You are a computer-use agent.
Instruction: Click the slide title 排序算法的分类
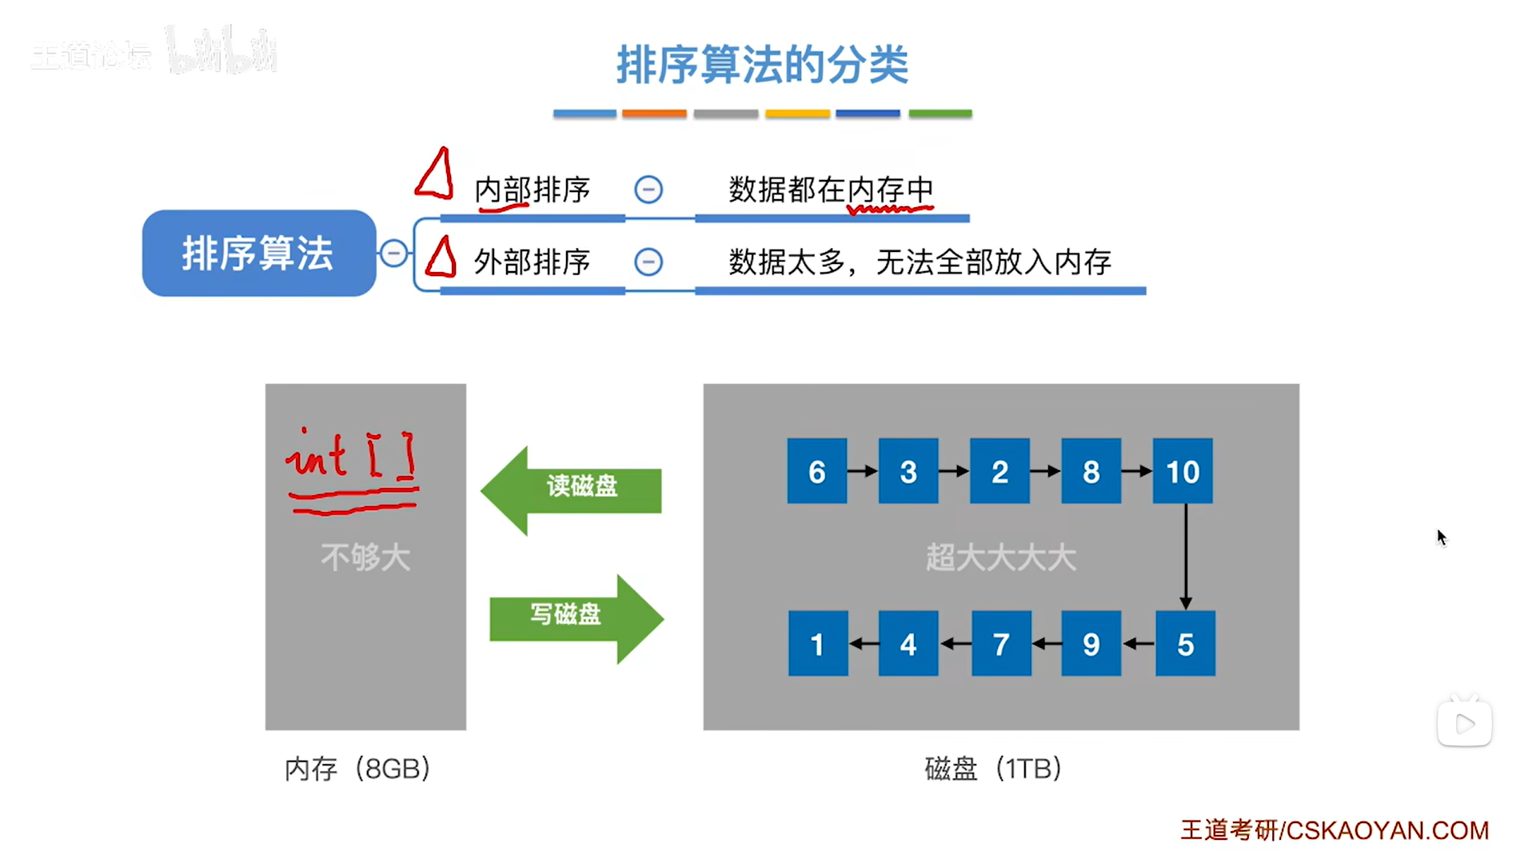tap(762, 65)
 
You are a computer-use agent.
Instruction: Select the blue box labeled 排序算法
tap(258, 254)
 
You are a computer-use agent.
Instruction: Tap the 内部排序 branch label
tap(532, 190)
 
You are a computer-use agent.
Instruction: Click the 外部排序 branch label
tap(532, 262)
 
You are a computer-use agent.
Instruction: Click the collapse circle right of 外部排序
tap(648, 262)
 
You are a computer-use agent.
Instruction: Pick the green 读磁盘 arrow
tap(572, 488)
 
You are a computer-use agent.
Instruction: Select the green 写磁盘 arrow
tap(576, 617)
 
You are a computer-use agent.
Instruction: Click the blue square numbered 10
tap(1182, 471)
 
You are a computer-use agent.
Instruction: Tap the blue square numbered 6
tap(816, 471)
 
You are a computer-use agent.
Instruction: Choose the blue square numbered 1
tap(817, 644)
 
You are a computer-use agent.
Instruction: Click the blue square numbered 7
tap(1000, 644)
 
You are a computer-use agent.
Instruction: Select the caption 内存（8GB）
tap(357, 769)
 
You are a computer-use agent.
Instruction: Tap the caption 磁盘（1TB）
tap(992, 769)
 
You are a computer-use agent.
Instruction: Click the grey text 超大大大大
tap(1000, 557)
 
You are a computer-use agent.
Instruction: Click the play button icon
tap(1464, 724)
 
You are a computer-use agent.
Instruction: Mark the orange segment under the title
tap(654, 114)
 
